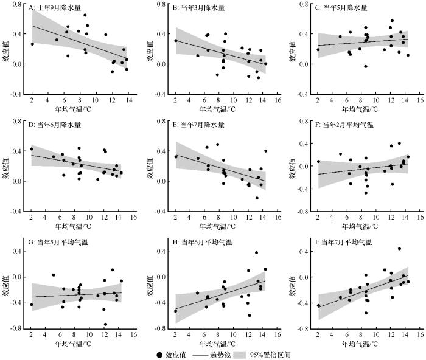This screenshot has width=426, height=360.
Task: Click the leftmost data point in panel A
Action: [x=32, y=44]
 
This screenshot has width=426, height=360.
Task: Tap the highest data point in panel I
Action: [x=399, y=248]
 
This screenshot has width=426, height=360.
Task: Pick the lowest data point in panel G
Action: [x=105, y=324]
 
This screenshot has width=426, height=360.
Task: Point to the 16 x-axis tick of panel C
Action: [x=419, y=100]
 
